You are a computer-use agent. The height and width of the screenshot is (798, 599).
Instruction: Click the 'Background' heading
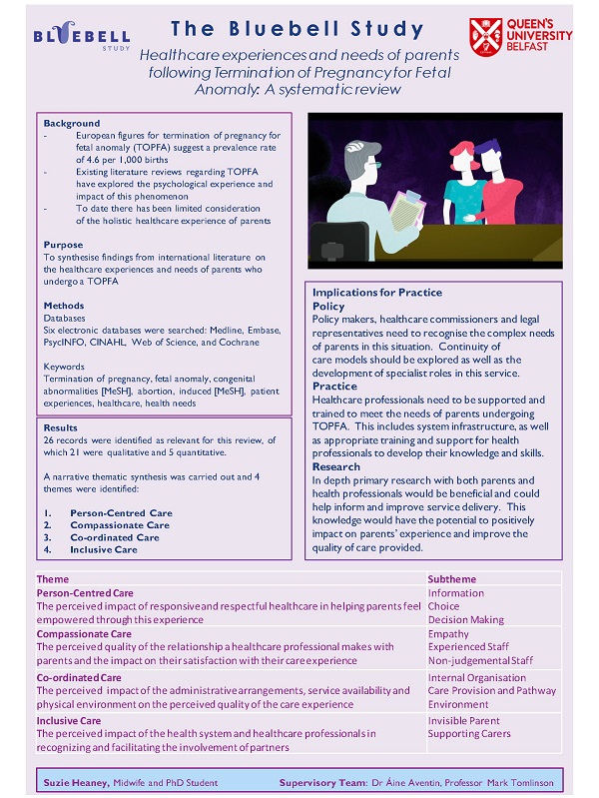[72, 123]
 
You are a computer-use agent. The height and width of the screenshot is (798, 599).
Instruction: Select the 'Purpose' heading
[63, 245]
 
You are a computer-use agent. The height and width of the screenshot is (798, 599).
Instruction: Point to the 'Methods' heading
[65, 306]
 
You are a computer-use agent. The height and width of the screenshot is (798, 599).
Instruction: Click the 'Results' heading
[61, 427]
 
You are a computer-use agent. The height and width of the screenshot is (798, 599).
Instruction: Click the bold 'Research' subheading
[336, 467]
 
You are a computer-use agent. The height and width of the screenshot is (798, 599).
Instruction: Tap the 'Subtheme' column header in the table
[452, 579]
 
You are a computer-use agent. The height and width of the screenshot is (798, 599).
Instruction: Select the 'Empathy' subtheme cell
[448, 633]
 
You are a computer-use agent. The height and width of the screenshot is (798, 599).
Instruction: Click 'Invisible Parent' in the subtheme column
[465, 721]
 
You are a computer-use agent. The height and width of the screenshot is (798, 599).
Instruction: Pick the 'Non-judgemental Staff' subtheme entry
[480, 660]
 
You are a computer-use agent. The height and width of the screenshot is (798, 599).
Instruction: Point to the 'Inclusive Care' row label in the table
[69, 721]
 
